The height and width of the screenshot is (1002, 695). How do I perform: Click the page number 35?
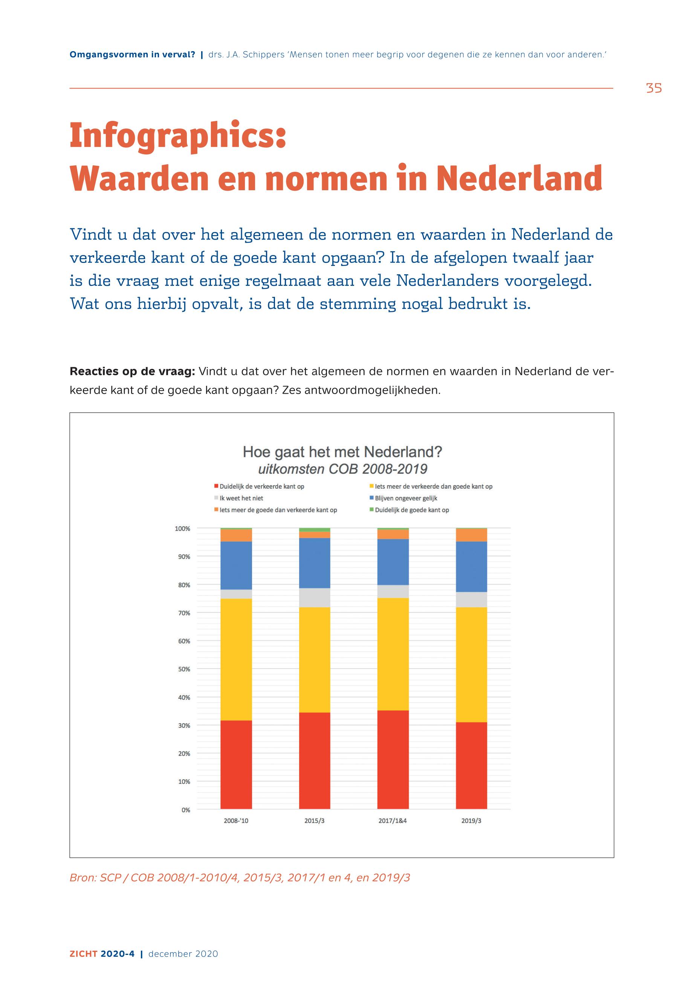coord(654,89)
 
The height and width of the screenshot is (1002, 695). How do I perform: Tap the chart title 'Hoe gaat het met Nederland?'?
coord(342,452)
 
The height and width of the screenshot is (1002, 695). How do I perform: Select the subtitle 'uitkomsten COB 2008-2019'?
coord(342,469)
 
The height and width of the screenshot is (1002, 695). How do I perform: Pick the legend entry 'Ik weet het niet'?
coord(241,498)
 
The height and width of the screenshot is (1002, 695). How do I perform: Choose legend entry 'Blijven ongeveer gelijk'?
coord(405,498)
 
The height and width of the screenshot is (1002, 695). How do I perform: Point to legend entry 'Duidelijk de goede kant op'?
coord(411,510)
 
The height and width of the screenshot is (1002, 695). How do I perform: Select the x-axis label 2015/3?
coord(315,821)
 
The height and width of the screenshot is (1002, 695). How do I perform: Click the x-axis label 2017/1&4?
coord(393,821)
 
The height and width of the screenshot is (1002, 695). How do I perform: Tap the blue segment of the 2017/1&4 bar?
coord(393,562)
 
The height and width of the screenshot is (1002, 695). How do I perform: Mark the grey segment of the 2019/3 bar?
coord(471,600)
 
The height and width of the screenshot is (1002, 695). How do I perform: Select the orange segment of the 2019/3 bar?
coord(471,535)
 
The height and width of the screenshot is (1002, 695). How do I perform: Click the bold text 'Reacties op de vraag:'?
coord(132,371)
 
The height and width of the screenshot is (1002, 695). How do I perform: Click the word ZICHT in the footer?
coord(83,954)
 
